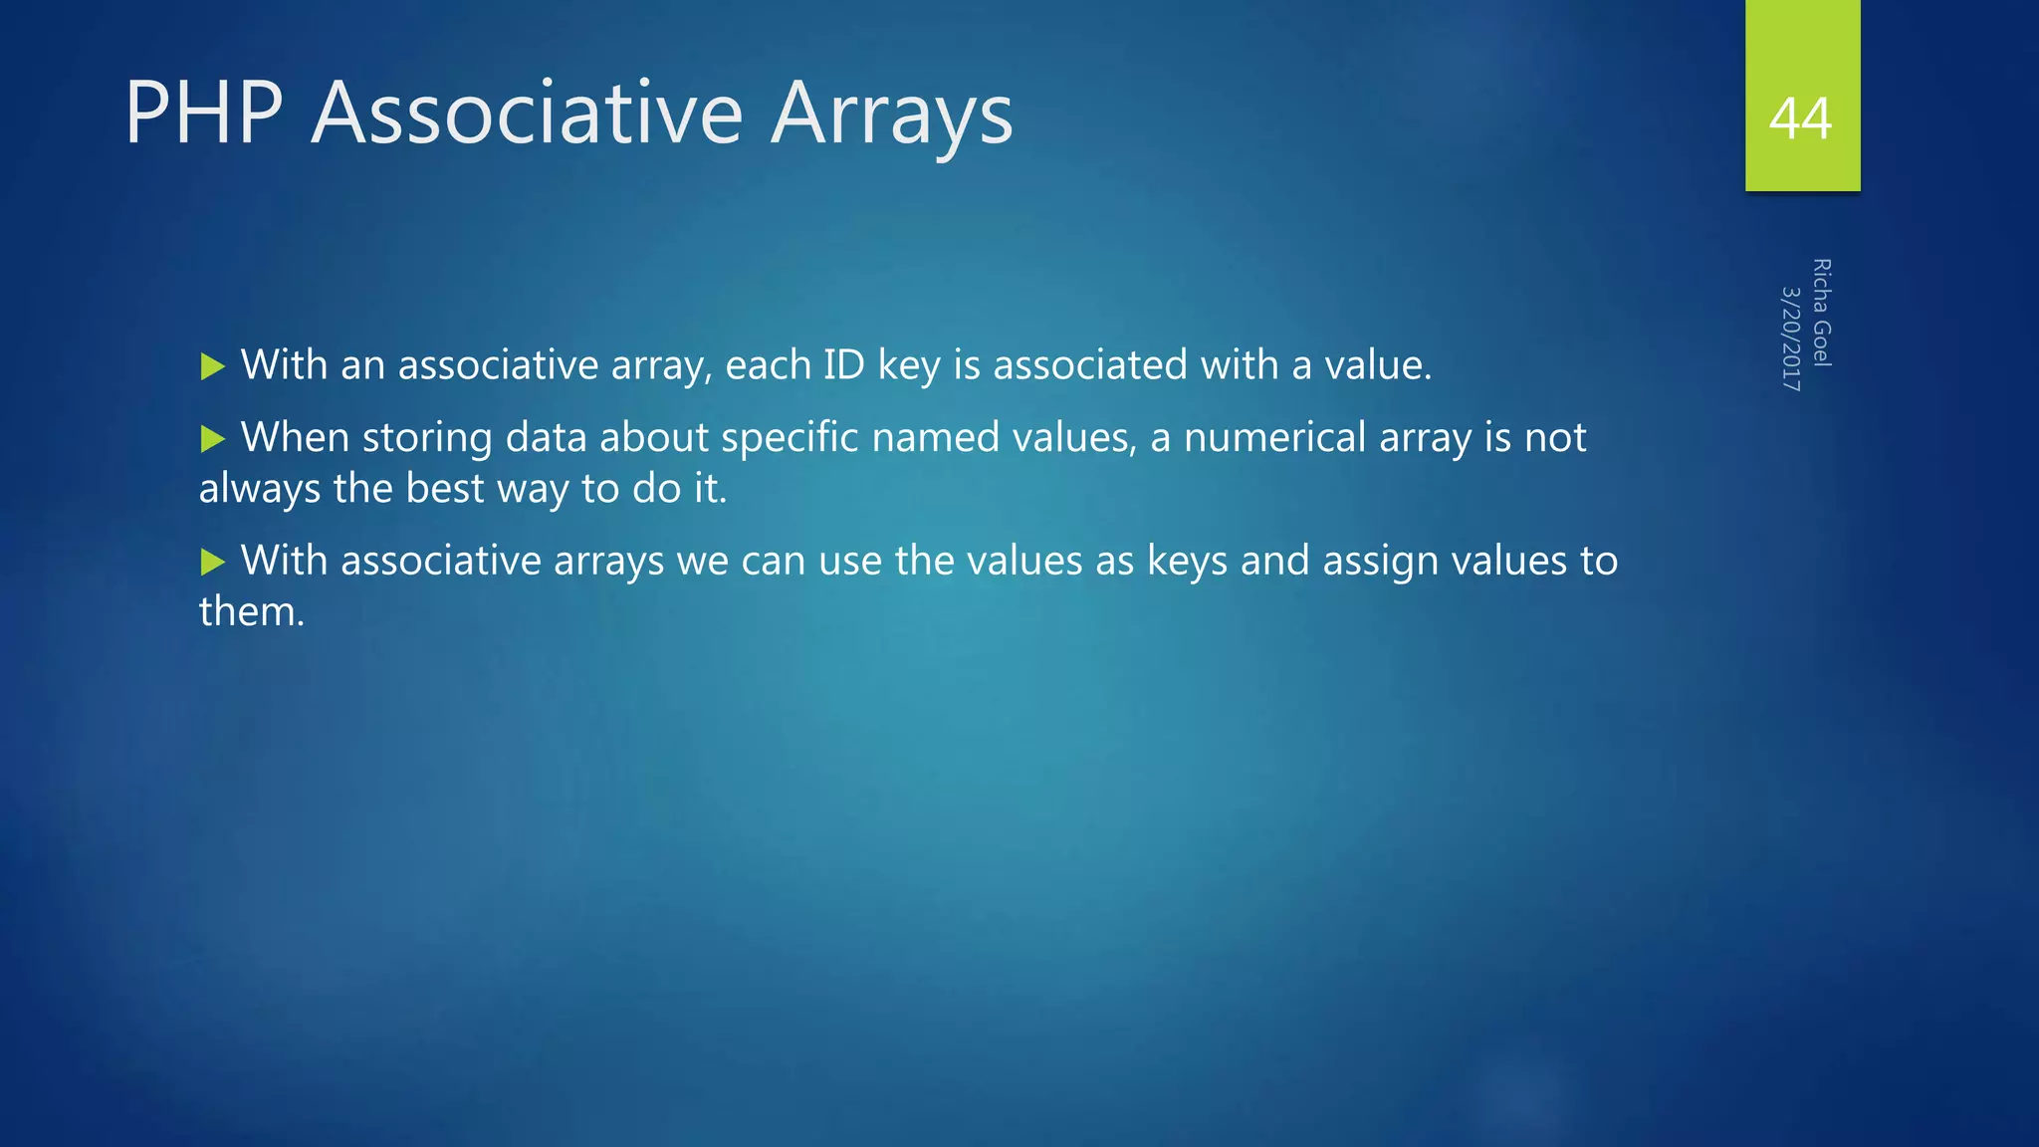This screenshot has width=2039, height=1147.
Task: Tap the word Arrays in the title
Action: click(x=891, y=115)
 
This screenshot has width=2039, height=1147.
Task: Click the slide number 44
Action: click(x=1800, y=119)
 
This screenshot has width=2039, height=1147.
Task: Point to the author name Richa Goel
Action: click(x=1821, y=313)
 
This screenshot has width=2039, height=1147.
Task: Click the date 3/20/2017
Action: click(x=1790, y=339)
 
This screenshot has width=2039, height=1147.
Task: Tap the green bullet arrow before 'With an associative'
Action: click(x=213, y=366)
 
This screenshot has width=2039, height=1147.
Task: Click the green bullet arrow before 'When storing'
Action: click(x=213, y=439)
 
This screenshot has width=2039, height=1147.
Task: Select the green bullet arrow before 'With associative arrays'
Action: click(x=213, y=563)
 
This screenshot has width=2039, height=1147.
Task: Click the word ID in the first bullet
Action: click(x=843, y=364)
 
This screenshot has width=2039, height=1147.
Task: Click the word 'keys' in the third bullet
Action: click(x=1187, y=562)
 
